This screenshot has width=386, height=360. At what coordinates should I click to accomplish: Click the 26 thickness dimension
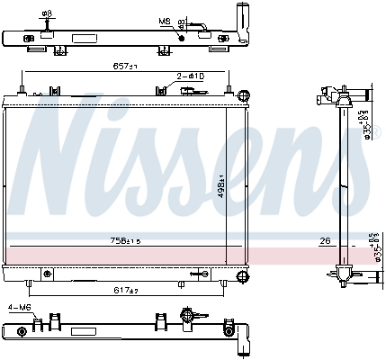(x=325, y=240)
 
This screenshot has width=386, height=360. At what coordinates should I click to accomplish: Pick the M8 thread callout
(x=164, y=20)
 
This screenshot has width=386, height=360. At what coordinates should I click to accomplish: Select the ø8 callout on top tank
(x=47, y=14)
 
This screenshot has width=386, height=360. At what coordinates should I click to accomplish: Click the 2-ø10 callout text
(x=190, y=77)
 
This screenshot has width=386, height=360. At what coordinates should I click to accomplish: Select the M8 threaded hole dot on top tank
(x=182, y=36)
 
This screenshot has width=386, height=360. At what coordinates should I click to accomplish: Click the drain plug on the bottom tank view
(x=188, y=316)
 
